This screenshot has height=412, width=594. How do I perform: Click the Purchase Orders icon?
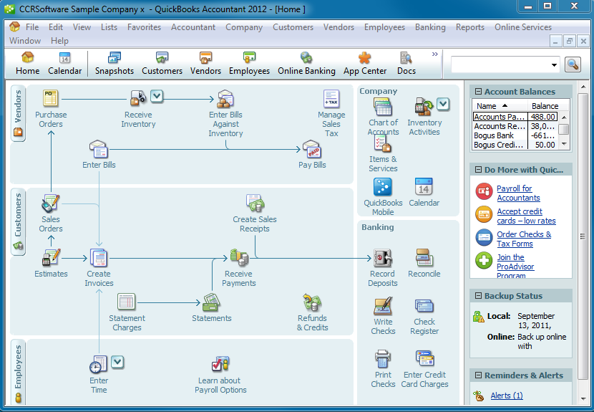click(51, 98)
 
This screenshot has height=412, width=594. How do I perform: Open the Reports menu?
click(469, 27)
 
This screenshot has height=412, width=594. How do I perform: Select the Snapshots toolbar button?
click(114, 63)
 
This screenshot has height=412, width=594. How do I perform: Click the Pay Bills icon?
click(312, 149)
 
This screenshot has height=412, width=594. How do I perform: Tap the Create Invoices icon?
click(99, 258)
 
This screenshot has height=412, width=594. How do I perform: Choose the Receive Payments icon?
click(239, 258)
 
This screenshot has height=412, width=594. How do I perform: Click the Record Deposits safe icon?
click(383, 258)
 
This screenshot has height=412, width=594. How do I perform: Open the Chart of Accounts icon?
click(383, 107)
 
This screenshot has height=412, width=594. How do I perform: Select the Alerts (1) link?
click(507, 396)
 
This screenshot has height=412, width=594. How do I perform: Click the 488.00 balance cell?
click(542, 117)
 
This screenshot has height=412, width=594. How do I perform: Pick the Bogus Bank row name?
click(494, 135)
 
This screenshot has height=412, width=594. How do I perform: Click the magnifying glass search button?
click(573, 64)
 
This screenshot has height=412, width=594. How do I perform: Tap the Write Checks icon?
click(383, 306)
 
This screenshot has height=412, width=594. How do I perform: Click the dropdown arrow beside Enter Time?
click(117, 362)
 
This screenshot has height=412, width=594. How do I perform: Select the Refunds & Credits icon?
click(312, 302)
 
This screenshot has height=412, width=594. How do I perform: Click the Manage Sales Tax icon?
click(331, 99)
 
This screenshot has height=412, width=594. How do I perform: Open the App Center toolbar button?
click(365, 63)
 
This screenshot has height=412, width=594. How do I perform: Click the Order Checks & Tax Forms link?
click(524, 239)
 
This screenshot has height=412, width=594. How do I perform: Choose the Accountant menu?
click(193, 27)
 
